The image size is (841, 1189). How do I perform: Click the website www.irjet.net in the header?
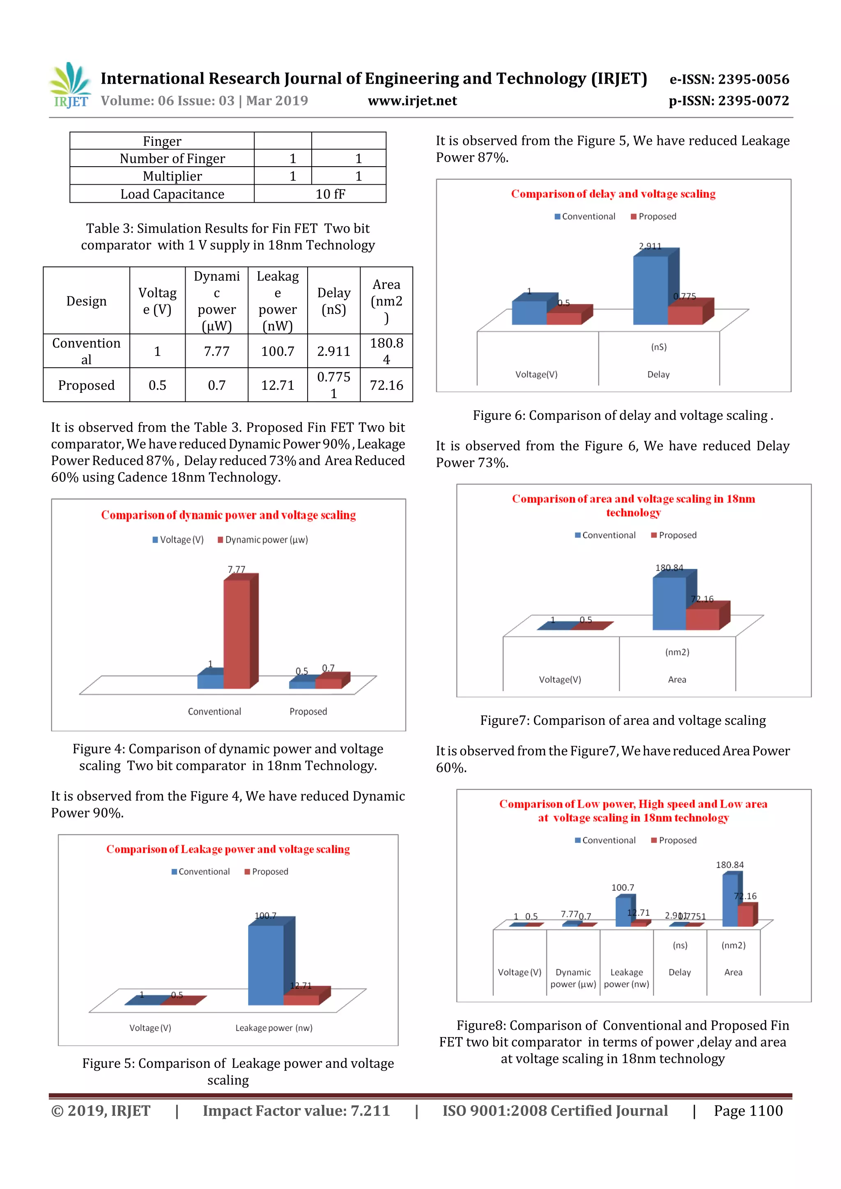click(412, 101)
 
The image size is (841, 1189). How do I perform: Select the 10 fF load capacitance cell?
click(330, 194)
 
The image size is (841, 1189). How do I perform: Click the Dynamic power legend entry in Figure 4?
click(263, 540)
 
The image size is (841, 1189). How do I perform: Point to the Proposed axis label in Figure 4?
click(308, 712)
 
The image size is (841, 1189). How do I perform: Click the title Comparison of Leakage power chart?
click(228, 849)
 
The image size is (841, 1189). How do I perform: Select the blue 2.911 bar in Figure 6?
click(650, 290)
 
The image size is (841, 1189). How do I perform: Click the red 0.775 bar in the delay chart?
click(685, 315)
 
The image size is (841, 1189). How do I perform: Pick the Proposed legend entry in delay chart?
click(653, 216)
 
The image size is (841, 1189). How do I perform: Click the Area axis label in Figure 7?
click(677, 679)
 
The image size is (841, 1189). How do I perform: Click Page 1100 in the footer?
click(748, 1111)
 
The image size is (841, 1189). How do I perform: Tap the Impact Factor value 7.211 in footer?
click(296, 1111)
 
